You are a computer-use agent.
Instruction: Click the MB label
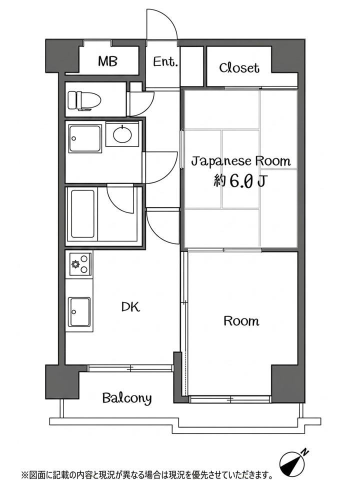pyautogui.click(x=107, y=61)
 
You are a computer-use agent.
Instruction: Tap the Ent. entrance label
pyautogui.click(x=165, y=62)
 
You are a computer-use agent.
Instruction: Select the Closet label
pyautogui.click(x=239, y=67)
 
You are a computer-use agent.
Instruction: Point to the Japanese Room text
pyautogui.click(x=241, y=161)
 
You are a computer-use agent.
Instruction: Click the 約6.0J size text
pyautogui.click(x=240, y=181)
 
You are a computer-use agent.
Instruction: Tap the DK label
pyautogui.click(x=130, y=306)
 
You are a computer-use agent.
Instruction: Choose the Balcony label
pyautogui.click(x=127, y=398)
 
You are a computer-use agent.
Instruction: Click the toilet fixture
pyautogui.click(x=84, y=100)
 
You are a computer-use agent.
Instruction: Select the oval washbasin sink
pyautogui.click(x=122, y=134)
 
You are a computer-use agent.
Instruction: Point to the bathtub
pyautogui.click(x=82, y=214)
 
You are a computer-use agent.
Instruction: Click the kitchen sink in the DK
pyautogui.click(x=79, y=312)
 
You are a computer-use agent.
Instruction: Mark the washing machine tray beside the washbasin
pyautogui.click(x=85, y=138)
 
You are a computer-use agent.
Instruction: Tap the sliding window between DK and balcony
pyautogui.click(x=130, y=368)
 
